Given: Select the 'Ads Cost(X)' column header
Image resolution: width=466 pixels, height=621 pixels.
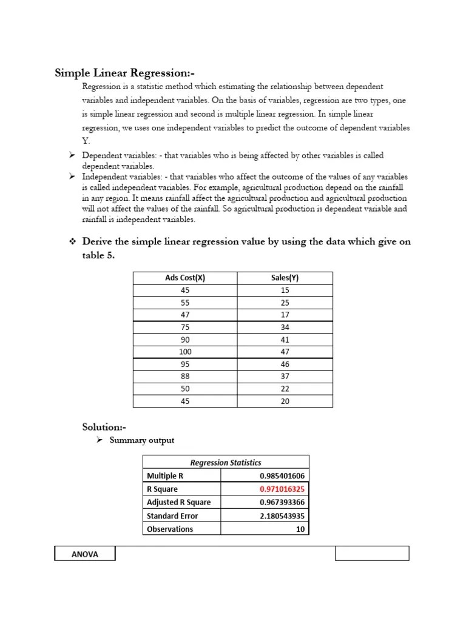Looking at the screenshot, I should (185, 278).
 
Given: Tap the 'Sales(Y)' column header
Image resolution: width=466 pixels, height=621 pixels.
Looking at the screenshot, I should (285, 278).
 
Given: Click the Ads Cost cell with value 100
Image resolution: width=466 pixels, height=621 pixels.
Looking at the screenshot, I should (185, 352).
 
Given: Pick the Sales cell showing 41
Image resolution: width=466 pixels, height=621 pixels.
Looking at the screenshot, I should (285, 340).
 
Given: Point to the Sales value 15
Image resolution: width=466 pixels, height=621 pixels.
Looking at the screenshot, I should (285, 290).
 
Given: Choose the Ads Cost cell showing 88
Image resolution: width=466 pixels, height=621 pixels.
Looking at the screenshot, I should (185, 377).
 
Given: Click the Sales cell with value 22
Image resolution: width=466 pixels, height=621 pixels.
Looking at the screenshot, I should (285, 389).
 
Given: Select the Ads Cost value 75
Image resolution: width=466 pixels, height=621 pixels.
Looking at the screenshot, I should (185, 327).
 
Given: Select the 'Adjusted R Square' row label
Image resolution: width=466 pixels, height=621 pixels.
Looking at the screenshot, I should (178, 502).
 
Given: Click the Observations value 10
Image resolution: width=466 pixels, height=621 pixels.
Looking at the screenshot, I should (300, 529).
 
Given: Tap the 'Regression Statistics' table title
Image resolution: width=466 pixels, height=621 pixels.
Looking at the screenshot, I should (226, 462).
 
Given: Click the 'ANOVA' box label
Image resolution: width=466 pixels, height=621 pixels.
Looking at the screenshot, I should (84, 553).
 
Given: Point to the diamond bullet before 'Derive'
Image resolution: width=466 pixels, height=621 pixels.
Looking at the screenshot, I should (72, 241).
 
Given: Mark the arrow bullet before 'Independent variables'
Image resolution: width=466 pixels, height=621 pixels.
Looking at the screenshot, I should (72, 176).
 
